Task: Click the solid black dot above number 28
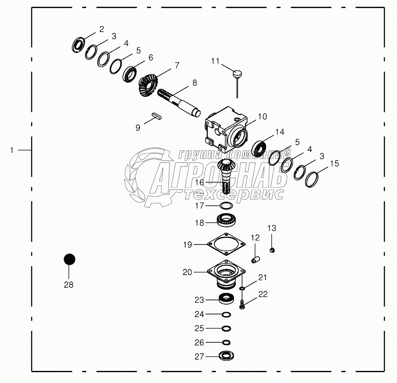tap(69, 259)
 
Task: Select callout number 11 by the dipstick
tap(215, 61)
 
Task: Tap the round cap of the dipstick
tap(237, 74)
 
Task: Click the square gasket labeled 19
tap(226, 244)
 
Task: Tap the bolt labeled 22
tap(242, 304)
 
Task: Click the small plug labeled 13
tap(272, 250)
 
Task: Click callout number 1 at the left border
tap(12, 150)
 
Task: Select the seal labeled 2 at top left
tap(78, 45)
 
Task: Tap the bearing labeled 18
tap(226, 220)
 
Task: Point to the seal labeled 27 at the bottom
tap(227, 355)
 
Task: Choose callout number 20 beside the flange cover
tap(187, 272)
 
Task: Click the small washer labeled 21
tap(242, 288)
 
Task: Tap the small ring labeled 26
tap(226, 342)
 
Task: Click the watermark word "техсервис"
tap(233, 194)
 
